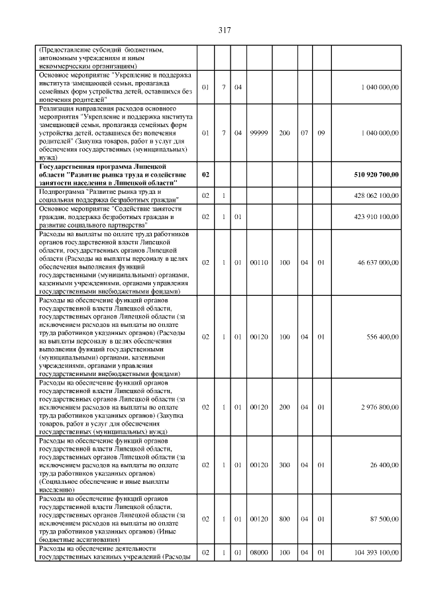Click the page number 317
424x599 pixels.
[223, 30]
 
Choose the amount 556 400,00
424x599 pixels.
[382, 337]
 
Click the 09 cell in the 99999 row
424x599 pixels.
[321, 133]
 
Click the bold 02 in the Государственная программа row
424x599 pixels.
[205, 174]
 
